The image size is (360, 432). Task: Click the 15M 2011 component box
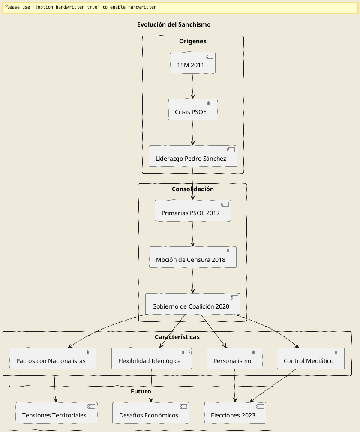tap(193, 63)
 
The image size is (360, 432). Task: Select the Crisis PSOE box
tap(193, 110)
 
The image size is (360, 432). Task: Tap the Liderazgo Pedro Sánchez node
tap(193, 156)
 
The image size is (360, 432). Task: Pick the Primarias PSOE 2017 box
tap(193, 211)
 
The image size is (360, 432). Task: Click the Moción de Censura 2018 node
tap(193, 258)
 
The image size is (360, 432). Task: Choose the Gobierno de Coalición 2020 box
tap(193, 304)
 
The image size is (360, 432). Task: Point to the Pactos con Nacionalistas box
tap(53, 359)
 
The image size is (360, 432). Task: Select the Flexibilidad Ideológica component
tap(151, 359)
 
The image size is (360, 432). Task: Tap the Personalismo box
tap(234, 359)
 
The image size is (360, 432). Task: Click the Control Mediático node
tap(310, 359)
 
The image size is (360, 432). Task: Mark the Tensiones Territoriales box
tap(56, 413)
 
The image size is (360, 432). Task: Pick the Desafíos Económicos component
tap(151, 413)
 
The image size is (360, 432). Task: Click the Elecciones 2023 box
tap(235, 413)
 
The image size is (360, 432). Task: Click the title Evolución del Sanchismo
tap(174, 24)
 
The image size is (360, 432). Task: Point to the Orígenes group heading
tap(193, 42)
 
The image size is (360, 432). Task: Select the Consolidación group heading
tap(193, 189)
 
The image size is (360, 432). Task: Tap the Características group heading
tap(177, 337)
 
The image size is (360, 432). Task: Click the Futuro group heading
tap(141, 391)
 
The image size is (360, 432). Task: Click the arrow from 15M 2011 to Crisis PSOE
tap(193, 86)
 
